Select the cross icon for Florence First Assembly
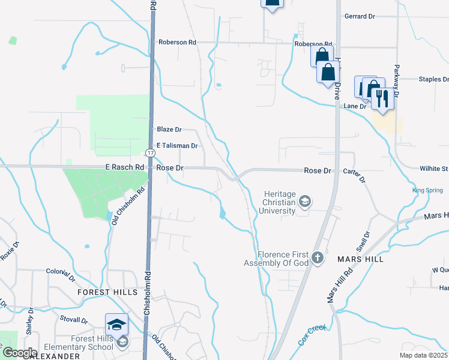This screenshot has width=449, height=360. (x=318, y=259)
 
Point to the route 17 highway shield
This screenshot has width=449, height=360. (x=150, y=154)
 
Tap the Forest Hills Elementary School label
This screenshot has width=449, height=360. (x=92, y=343)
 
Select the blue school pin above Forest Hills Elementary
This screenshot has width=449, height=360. (x=116, y=325)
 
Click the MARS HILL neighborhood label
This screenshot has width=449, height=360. (x=360, y=259)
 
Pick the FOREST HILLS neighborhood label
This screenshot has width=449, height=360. (x=103, y=292)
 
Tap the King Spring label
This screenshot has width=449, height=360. (x=427, y=191)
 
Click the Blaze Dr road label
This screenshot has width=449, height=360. (x=169, y=130)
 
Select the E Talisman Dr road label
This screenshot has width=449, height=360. (x=176, y=146)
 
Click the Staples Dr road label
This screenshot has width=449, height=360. (x=433, y=79)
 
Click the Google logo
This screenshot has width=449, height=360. (x=19, y=353)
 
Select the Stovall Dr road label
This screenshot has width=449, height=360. (x=74, y=321)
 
